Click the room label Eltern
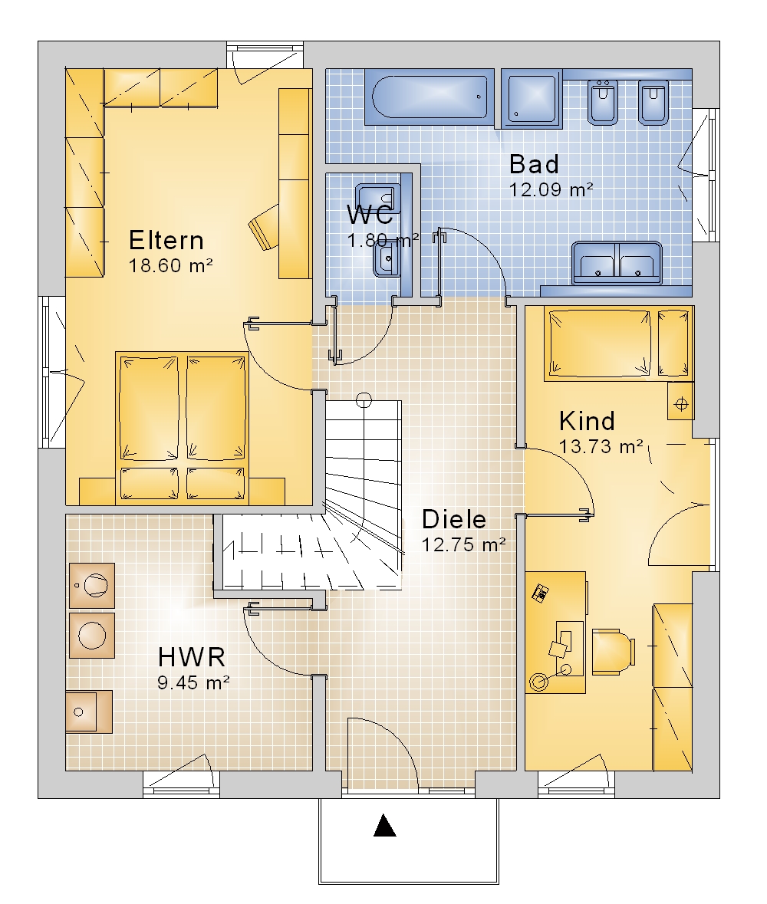click(166, 241)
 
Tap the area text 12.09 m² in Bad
click(551, 189)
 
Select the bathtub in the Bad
click(430, 97)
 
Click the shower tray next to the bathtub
click(531, 98)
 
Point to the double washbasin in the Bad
click(617, 263)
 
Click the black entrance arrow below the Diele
click(385, 825)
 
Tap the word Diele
click(454, 519)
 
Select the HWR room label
click(192, 657)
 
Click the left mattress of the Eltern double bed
click(149, 408)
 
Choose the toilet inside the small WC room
click(386, 259)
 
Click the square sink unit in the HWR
click(89, 712)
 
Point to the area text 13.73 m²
click(601, 446)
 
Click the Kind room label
click(587, 422)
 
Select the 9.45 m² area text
click(193, 682)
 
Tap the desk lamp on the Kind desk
click(540, 682)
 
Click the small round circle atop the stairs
click(364, 399)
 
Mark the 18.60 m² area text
click(171, 266)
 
